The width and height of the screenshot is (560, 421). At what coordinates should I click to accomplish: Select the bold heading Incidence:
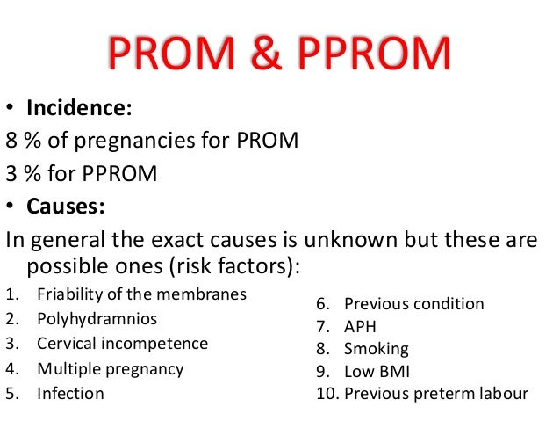pyautogui.click(x=79, y=109)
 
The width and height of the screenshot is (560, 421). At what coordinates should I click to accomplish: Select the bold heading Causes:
pyautogui.click(x=67, y=207)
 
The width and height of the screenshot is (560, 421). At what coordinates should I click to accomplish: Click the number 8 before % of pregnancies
pyautogui.click(x=11, y=142)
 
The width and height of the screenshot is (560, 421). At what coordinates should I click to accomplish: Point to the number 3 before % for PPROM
pyautogui.click(x=11, y=174)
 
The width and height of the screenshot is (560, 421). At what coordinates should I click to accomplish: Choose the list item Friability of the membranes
pyautogui.click(x=141, y=294)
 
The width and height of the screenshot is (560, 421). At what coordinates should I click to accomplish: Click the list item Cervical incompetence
pyautogui.click(x=122, y=343)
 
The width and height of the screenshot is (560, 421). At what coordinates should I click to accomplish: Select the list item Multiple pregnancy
pyautogui.click(x=110, y=368)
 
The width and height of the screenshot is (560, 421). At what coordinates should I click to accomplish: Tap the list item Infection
pyautogui.click(x=69, y=393)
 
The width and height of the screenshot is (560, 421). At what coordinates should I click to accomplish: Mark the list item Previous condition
pyautogui.click(x=413, y=304)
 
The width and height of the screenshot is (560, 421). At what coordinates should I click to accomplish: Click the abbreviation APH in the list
pyautogui.click(x=361, y=327)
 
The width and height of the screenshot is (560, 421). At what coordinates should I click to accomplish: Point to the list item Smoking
pyautogui.click(x=376, y=349)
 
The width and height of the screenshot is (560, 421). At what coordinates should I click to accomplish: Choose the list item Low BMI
pyautogui.click(x=377, y=371)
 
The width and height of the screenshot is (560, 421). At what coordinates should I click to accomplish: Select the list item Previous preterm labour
pyautogui.click(x=435, y=393)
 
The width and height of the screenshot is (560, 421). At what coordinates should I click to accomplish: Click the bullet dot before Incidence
pyautogui.click(x=11, y=110)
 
